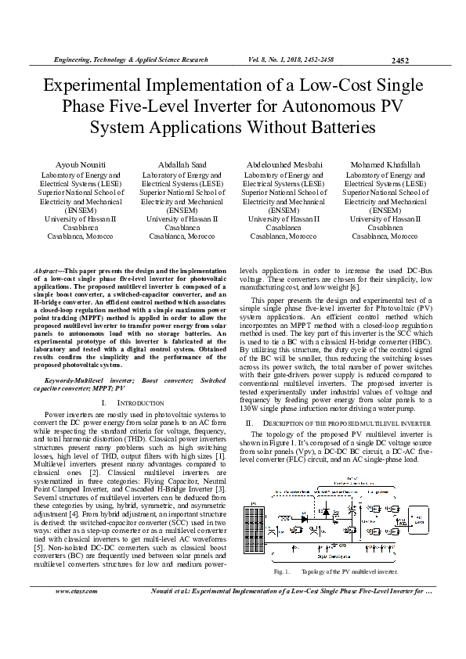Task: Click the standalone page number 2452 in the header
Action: [400, 60]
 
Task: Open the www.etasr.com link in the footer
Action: [76, 613]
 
